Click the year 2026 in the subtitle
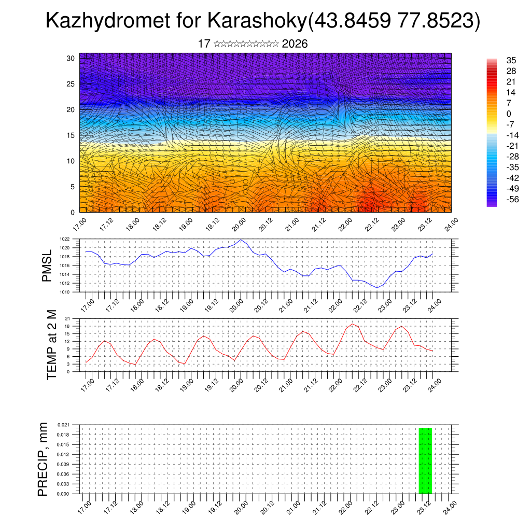(295, 44)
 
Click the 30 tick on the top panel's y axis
(71, 58)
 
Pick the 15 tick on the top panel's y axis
(71, 135)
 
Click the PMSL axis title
(47, 265)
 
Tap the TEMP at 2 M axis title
(52, 345)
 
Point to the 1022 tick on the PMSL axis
(64, 239)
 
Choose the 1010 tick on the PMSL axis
(64, 292)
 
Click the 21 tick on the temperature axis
(67, 318)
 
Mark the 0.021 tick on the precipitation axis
(63, 425)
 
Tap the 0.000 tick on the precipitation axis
(63, 494)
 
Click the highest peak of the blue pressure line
(242, 240)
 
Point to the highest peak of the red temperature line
(353, 324)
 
